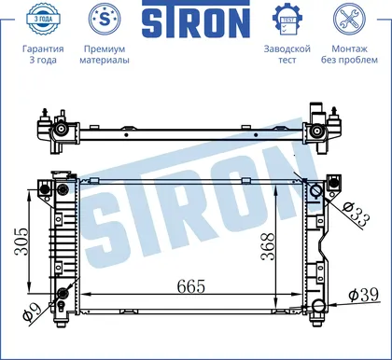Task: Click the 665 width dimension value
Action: click(x=191, y=286)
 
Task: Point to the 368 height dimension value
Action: click(x=268, y=246)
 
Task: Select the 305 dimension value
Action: click(x=21, y=242)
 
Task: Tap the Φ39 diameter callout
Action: click(x=364, y=295)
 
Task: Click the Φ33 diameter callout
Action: click(x=357, y=215)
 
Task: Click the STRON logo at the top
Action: click(x=196, y=20)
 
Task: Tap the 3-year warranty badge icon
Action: click(x=43, y=19)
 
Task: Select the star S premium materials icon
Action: click(x=105, y=19)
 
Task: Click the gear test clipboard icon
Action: click(x=287, y=20)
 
